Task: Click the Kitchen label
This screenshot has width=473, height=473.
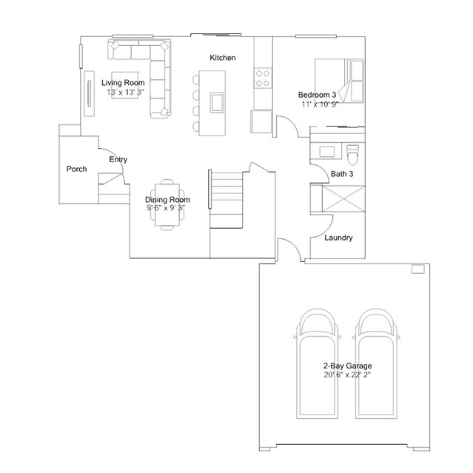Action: pos(223,58)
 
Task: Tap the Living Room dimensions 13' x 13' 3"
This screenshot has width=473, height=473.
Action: pos(126,93)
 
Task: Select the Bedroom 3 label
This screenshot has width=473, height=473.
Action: pos(317,95)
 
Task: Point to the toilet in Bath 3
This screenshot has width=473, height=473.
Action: pos(352,155)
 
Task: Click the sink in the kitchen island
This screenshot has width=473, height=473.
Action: pos(217,103)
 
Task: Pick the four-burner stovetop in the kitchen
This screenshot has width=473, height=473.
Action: pos(263,78)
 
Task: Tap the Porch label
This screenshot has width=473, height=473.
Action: pos(77,169)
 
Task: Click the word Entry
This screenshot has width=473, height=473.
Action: pos(118,160)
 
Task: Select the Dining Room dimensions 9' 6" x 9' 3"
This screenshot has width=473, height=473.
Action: pos(166,208)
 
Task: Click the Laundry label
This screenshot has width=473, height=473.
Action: pos(338,238)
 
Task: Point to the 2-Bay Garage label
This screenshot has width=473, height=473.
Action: pos(347,366)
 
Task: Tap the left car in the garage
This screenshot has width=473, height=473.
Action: pos(318,363)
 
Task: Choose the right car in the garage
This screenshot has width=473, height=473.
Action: pos(376,363)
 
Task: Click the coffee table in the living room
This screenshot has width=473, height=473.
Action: pos(125,85)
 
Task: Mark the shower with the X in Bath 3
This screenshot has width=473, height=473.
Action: pos(343,199)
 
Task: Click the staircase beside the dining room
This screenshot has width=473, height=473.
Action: pos(227,200)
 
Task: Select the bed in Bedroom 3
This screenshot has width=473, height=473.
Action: pos(339,81)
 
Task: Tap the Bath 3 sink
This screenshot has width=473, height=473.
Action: pos(326,152)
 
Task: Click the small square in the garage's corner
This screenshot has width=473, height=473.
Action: pos(418,269)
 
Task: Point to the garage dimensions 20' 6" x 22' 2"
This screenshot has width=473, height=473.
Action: pos(347,375)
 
